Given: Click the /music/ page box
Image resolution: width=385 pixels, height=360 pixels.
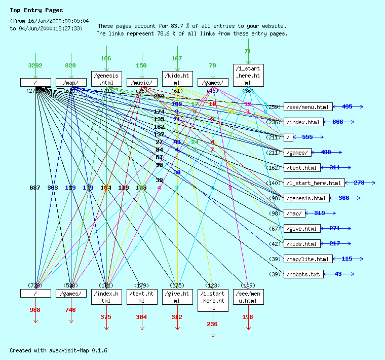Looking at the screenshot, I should coord(142,82).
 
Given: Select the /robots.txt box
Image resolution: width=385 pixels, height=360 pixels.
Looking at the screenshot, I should coord(302,274).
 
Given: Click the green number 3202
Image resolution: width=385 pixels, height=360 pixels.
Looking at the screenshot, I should coord(35,66).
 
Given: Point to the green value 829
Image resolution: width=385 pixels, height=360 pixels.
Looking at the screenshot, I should coord(70,66).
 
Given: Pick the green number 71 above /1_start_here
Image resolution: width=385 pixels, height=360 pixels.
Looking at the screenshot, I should coord(248,51).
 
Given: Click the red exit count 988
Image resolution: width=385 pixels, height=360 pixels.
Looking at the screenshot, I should coord(35,310).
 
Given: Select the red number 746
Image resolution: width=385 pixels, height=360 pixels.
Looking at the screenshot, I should coord(70,310).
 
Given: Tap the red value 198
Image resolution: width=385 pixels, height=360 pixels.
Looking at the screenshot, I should coord(248,317).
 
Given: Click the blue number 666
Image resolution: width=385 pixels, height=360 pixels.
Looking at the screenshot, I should coord(338,122).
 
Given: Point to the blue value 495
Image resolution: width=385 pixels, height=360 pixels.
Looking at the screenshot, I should coord(347,107).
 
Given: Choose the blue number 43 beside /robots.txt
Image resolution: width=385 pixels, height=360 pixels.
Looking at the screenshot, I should coord(338,274).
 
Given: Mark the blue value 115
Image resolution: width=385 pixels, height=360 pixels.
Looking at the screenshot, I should coord(347,259).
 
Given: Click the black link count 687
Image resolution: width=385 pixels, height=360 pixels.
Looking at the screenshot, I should coord(35,188).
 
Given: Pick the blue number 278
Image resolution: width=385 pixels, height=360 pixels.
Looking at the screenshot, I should coord(359,183).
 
